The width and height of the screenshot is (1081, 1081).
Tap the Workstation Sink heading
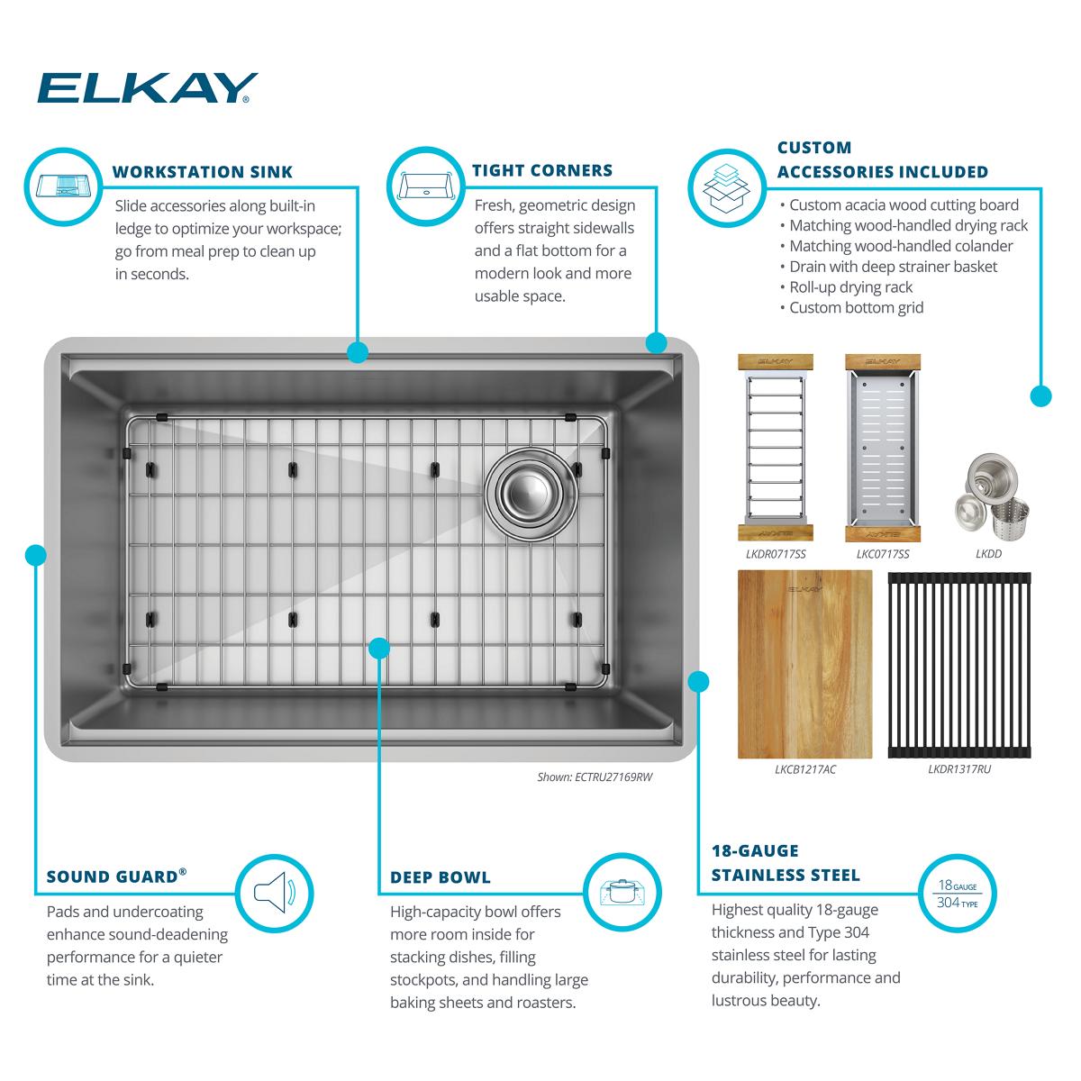point(202,172)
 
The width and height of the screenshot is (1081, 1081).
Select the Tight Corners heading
point(542,170)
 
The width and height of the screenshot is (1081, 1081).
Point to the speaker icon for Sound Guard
point(274,894)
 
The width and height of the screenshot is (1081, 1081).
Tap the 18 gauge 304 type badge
point(957,894)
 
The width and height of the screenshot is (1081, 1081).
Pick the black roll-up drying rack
point(958,664)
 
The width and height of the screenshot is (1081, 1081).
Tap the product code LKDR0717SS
point(776,554)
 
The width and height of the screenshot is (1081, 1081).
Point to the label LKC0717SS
point(882,554)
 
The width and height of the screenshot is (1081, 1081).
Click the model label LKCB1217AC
point(780,770)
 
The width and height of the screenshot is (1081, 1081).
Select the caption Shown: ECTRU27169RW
point(594,776)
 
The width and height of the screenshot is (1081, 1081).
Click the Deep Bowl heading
point(441,877)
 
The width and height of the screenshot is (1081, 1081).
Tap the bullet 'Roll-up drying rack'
point(851,287)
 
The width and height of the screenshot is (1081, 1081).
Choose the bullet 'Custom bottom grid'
point(857,308)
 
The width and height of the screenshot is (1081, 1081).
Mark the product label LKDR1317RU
point(958,770)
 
